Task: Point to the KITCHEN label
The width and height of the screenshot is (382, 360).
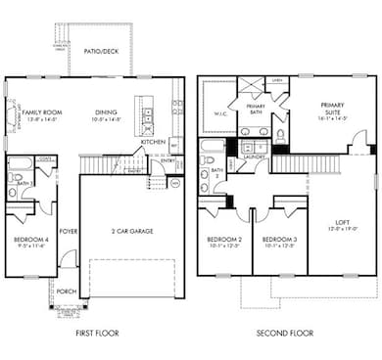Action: click(x=153, y=143)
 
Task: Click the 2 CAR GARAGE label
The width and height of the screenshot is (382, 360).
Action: click(x=127, y=231)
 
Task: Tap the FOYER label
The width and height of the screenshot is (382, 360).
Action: click(x=69, y=232)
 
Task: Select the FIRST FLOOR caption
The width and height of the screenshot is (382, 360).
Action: click(x=97, y=334)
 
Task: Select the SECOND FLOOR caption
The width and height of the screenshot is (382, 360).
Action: click(x=284, y=334)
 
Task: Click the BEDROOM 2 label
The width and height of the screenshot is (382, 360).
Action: click(x=225, y=240)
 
